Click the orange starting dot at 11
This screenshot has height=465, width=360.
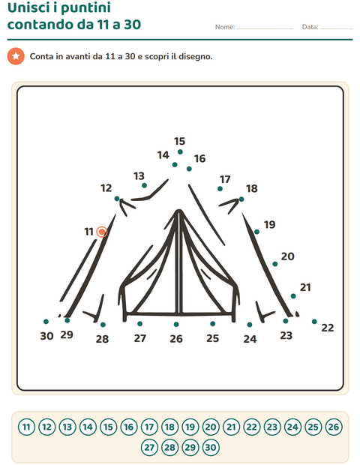click(102, 232)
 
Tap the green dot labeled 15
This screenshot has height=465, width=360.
click(180, 151)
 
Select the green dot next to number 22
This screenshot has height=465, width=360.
click(314, 322)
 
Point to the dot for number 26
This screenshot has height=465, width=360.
click(176, 325)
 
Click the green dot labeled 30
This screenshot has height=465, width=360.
click(46, 322)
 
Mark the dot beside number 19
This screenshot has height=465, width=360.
click(256, 232)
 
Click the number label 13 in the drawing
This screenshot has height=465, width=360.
click(139, 175)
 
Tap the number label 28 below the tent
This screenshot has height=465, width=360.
click(102, 339)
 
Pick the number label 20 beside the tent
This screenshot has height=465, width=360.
click(288, 256)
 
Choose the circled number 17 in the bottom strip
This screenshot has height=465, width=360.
click(149, 427)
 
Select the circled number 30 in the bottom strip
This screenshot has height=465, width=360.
click(211, 447)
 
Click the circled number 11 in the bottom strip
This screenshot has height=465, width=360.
click(26, 427)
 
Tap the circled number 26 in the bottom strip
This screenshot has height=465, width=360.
click(334, 427)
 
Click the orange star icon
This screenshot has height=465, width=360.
click(16, 56)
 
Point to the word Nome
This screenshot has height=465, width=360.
click(225, 27)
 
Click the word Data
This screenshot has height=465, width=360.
click(310, 27)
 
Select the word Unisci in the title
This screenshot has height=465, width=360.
click(28, 7)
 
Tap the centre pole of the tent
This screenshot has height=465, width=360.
click(178, 262)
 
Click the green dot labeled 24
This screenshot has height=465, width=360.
click(250, 325)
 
